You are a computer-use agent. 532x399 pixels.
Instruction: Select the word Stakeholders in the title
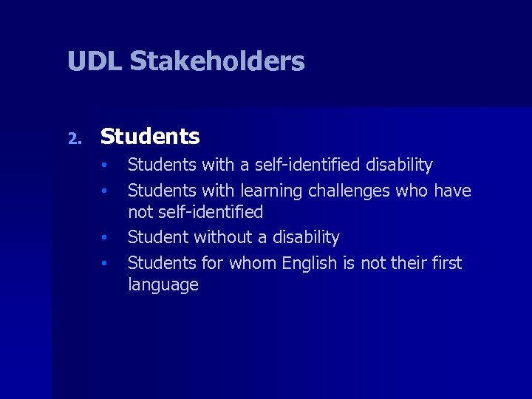coord(217,61)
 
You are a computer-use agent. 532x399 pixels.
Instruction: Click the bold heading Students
coord(150,137)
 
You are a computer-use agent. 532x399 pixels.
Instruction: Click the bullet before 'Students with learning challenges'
coord(106,191)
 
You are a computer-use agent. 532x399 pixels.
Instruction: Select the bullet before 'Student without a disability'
coord(106,239)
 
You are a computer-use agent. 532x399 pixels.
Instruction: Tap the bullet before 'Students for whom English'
coord(106,264)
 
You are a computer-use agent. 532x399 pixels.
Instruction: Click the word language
coord(163,285)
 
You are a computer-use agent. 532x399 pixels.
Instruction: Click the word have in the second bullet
coord(452,191)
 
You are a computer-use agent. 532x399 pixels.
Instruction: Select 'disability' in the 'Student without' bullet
coord(304,238)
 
